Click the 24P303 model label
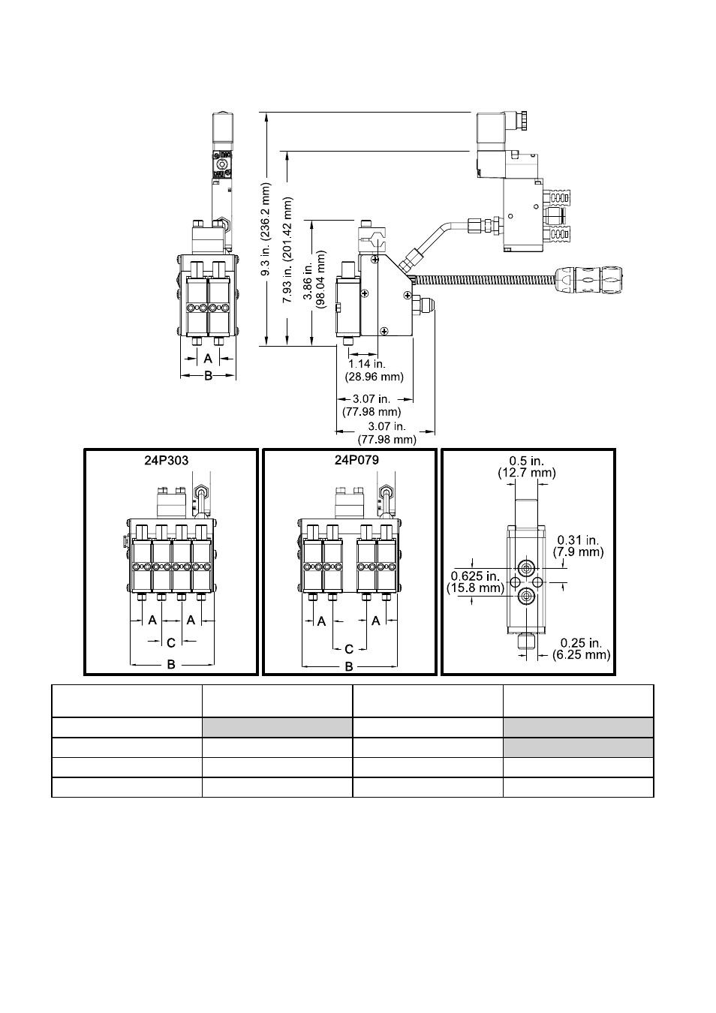coord(167,461)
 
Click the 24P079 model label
coord(356,460)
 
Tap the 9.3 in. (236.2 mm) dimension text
coord(266,229)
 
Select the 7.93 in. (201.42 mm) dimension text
coord(287,250)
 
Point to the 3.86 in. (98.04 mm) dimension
coord(314,279)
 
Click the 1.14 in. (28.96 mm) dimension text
coord(374,371)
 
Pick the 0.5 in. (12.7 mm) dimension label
coord(527,467)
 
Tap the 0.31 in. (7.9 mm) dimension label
coord(579,546)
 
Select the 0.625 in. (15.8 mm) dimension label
coord(475,582)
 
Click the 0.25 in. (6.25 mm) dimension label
coord(581,649)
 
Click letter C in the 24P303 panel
coord(171,642)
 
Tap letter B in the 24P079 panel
coord(349,667)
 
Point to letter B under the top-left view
coord(208,375)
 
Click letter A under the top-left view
coord(208,359)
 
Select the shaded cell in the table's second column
coord(277,728)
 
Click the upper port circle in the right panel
coord(526,568)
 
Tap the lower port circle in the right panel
coord(526,597)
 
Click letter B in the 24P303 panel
coord(171,664)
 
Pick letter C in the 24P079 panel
coord(349,649)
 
